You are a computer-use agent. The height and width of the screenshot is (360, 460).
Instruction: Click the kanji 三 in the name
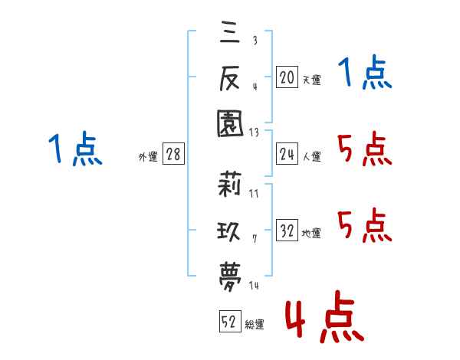[230, 32]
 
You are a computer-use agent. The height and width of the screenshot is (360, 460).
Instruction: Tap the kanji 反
[230, 77]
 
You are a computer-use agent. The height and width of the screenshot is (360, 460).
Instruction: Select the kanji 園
[230, 123]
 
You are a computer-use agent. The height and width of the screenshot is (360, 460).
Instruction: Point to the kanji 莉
[229, 184]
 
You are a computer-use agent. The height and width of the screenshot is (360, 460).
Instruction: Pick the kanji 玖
[228, 231]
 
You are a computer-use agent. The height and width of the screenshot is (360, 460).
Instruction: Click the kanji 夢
[230, 277]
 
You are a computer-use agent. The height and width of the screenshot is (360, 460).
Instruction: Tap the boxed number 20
[287, 77]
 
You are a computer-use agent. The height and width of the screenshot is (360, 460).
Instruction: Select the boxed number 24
[287, 154]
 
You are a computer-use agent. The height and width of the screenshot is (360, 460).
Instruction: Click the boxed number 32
[287, 230]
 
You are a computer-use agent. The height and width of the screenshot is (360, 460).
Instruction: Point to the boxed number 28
[173, 154]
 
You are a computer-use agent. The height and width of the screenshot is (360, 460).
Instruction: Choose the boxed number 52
[230, 321]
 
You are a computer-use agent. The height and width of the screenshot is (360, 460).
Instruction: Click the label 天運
[312, 80]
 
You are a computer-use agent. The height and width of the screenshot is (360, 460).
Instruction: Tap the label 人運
[312, 156]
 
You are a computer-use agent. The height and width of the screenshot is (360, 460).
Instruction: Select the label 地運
[311, 233]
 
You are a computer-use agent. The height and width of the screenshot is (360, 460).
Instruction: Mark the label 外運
[148, 156]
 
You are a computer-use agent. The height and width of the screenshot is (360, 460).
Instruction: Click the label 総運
[255, 324]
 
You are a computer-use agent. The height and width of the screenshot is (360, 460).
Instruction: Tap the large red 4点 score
[324, 316]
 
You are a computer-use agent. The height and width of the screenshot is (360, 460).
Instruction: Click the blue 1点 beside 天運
[365, 72]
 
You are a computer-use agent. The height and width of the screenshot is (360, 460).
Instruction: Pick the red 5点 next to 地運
[365, 225]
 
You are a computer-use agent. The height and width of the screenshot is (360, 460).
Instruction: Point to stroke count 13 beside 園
[254, 133]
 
